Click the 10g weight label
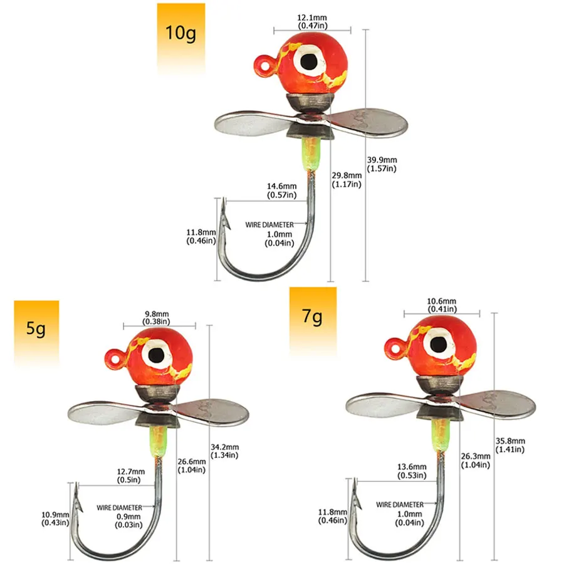click(x=180, y=33)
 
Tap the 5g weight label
click(x=36, y=329)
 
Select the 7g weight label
click(x=312, y=316)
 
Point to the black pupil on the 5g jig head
click(x=157, y=355)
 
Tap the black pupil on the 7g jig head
click(x=439, y=345)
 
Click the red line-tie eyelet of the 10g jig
click(x=266, y=65)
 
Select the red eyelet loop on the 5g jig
click(x=116, y=358)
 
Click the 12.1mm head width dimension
click(x=312, y=21)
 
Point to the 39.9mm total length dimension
click(x=382, y=164)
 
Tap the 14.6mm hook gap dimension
click(x=281, y=191)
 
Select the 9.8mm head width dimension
click(x=157, y=318)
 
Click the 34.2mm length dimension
click(x=224, y=451)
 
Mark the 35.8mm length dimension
click(x=510, y=445)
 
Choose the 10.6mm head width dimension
click(x=442, y=305)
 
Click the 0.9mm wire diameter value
click(x=128, y=521)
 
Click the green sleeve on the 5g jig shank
click(x=159, y=441)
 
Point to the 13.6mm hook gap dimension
click(x=412, y=471)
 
